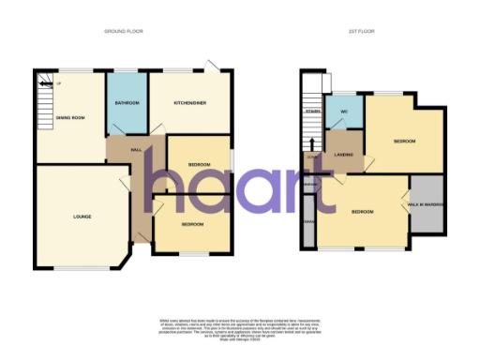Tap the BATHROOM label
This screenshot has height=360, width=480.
pyautogui.click(x=127, y=101)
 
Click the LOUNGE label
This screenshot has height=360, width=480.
pyautogui.click(x=82, y=217)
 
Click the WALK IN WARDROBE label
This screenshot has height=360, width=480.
pyautogui.click(x=426, y=203)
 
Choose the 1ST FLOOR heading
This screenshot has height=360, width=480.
pyautogui.click(x=361, y=31)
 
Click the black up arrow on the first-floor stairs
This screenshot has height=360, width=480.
pyautogui.click(x=310, y=143)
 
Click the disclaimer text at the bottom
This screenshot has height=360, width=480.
pyautogui.click(x=240, y=328)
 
